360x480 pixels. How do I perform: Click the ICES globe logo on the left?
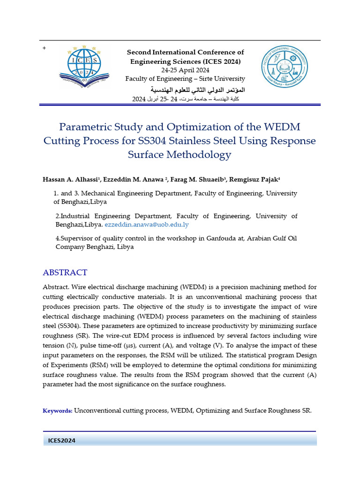coord(84,68)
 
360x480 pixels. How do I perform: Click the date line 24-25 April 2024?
coord(185,70)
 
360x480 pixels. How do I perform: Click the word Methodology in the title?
coord(203,154)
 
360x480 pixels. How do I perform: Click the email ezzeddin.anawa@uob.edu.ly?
coord(146,225)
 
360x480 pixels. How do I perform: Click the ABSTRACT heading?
coord(65,272)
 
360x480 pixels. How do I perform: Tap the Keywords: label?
coord(58,411)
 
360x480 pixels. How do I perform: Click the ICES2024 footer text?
coord(62,441)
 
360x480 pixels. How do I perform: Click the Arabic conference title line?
coord(197,90)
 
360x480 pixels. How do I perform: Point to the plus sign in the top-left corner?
coord(44,49)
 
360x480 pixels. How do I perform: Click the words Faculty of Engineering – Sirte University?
coord(185,79)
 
